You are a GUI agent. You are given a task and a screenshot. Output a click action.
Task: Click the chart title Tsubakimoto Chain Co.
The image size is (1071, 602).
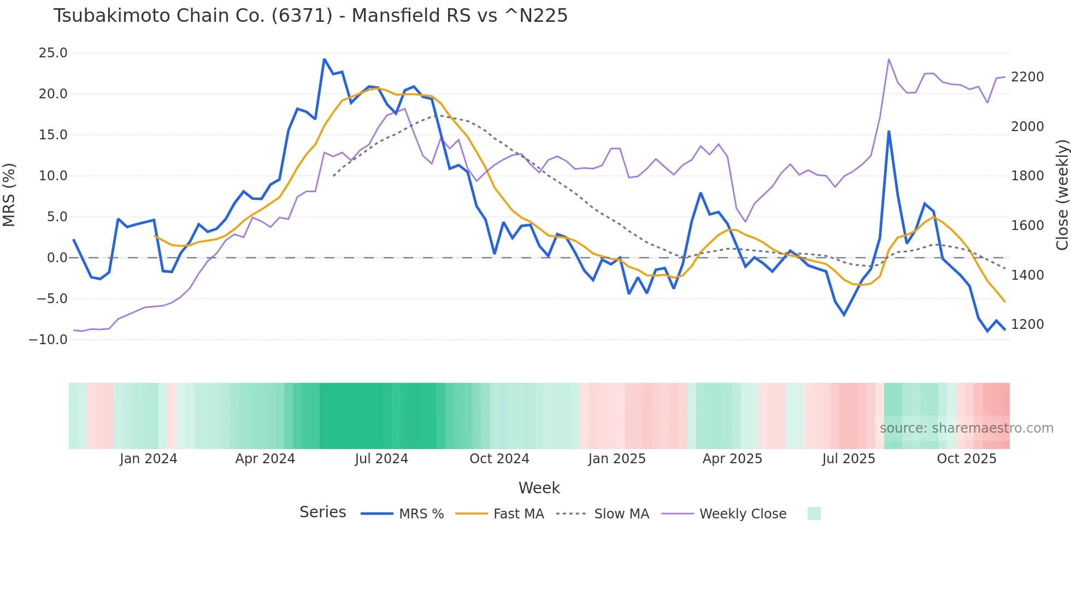click(310, 16)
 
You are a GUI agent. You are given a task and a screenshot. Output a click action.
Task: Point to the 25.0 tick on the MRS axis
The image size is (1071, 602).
click(53, 53)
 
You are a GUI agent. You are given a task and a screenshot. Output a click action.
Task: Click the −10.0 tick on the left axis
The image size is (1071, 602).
click(48, 339)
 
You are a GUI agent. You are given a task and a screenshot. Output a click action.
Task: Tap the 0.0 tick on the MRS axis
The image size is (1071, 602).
click(57, 258)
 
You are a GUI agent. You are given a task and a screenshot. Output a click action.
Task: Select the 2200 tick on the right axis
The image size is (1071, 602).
click(1027, 77)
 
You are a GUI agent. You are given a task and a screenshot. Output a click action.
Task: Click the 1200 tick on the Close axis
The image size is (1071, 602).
click(1027, 324)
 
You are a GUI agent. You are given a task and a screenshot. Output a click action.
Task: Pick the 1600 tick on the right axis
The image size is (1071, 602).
click(1027, 226)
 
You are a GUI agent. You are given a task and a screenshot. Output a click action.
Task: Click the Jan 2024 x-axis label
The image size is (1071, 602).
click(149, 459)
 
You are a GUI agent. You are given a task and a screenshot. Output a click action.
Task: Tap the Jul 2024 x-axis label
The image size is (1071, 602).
click(381, 459)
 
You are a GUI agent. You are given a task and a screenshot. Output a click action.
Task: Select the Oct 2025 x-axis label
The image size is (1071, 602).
click(967, 459)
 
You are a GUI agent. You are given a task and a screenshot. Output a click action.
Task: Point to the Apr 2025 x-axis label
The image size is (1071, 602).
click(732, 459)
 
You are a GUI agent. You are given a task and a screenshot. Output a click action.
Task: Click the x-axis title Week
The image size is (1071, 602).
click(539, 488)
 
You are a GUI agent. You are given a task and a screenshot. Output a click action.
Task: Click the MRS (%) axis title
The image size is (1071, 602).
click(9, 194)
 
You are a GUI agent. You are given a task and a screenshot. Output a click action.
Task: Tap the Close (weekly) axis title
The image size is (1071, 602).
click(1062, 194)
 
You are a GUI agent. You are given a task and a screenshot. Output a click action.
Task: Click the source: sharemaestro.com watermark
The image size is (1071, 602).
click(966, 428)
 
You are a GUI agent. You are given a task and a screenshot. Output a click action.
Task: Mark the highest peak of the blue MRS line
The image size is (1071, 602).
click(324, 59)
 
